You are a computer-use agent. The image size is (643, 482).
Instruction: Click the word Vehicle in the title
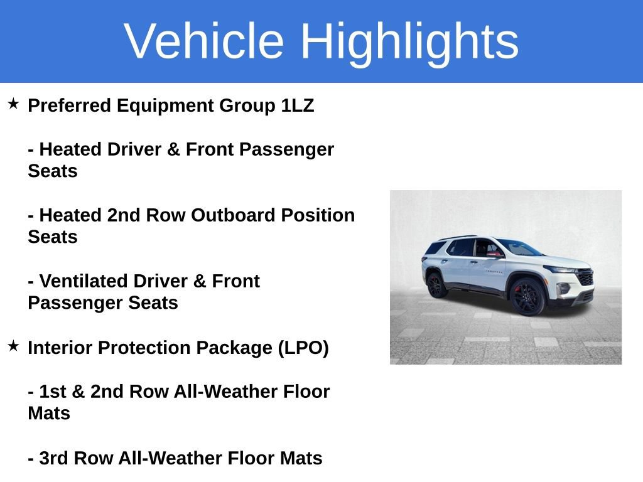coord(204,41)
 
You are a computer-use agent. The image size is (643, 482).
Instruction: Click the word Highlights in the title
coord(409,41)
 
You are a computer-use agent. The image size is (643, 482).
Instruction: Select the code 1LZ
coord(297,105)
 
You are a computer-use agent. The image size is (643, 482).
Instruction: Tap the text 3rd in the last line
coord(53,458)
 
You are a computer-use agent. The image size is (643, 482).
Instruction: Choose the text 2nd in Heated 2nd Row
coord(124,215)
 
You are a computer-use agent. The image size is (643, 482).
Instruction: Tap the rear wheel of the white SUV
coord(435,284)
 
